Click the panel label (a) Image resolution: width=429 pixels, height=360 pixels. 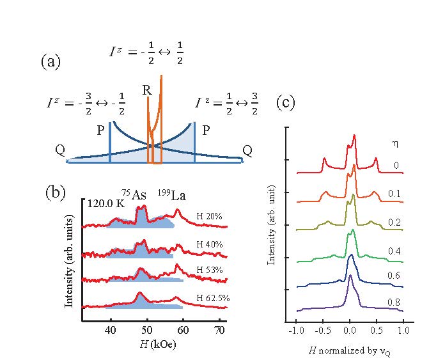(51, 61)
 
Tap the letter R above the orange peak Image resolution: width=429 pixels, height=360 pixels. (146, 91)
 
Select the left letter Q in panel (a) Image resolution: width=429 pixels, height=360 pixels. (60, 151)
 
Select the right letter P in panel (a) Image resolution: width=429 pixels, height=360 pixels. (206, 130)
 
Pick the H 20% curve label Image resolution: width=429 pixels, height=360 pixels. (209, 217)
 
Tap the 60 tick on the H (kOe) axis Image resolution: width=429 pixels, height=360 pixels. (183, 330)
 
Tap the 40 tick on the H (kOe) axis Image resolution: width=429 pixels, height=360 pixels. (111, 330)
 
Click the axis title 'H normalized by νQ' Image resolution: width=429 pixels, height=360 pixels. (348, 351)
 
